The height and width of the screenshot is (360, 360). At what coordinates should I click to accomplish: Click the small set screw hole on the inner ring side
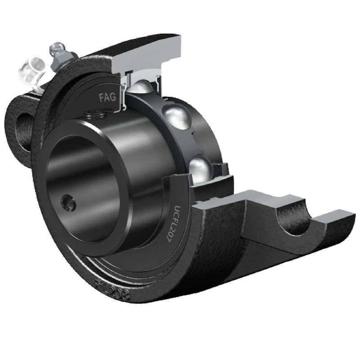pyautogui.click(x=69, y=202)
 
